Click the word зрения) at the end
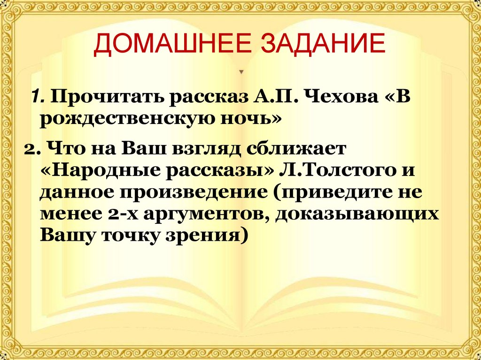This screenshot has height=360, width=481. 210,235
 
